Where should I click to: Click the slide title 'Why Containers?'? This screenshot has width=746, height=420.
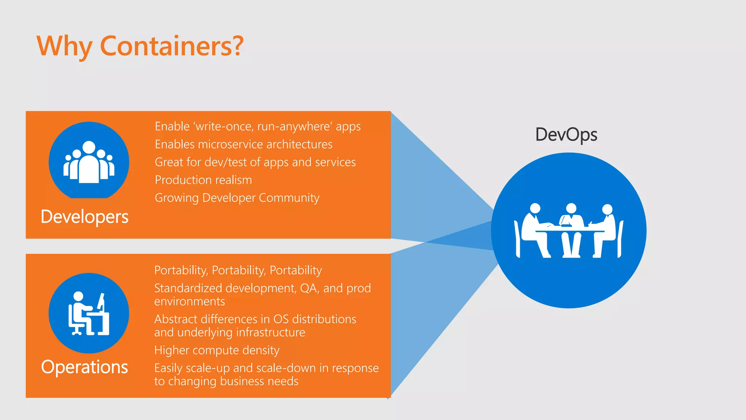click(x=140, y=46)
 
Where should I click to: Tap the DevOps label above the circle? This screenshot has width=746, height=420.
click(x=566, y=135)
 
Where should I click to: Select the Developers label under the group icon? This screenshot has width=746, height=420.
click(x=85, y=217)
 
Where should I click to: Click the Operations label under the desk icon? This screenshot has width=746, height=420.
click(x=85, y=367)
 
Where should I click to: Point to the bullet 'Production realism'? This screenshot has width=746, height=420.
click(x=203, y=180)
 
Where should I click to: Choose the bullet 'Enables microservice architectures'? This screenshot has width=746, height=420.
click(x=243, y=144)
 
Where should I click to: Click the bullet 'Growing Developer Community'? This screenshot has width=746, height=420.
click(x=237, y=198)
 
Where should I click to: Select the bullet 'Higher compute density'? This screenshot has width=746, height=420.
click(x=217, y=350)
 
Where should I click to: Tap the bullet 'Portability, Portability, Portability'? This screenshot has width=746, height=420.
click(x=238, y=270)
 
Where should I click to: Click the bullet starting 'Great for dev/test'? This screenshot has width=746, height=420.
click(x=255, y=162)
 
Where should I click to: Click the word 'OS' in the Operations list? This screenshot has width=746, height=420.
click(x=280, y=319)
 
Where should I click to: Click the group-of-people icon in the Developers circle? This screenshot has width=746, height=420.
click(x=89, y=162)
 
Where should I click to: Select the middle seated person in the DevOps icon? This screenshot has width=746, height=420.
click(x=571, y=230)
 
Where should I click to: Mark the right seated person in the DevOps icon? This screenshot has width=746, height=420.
click(x=605, y=230)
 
